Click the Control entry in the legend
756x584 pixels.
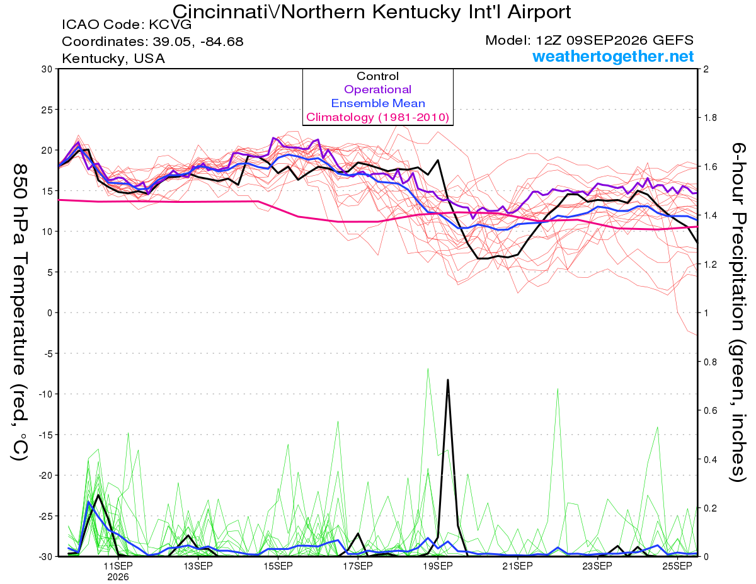point(377,76)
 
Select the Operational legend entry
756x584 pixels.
point(377,89)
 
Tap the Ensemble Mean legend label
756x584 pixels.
point(378,103)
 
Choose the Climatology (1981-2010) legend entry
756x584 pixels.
point(377,117)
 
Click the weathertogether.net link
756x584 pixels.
point(613,56)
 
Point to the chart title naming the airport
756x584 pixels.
point(372,12)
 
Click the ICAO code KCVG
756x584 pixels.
point(171,25)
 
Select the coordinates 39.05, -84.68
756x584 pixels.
point(198,42)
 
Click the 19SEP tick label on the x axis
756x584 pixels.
point(438,566)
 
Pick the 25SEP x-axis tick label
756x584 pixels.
point(677,566)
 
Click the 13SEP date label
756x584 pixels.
point(198,566)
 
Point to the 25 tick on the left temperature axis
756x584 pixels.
point(47,110)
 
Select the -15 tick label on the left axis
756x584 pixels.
point(45,435)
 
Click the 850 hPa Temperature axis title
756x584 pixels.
point(20,312)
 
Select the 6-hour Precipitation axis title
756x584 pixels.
point(738,312)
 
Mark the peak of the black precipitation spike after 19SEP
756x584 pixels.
point(448,380)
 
